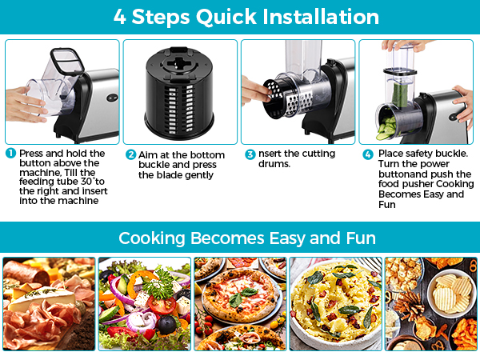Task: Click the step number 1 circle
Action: [x=10, y=153]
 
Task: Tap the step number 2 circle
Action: [x=130, y=154]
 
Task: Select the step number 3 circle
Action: [x=250, y=154]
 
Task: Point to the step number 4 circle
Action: [x=368, y=154]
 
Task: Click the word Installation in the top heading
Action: [x=314, y=17]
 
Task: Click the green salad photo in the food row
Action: [x=144, y=303]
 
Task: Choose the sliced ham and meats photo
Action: [x=48, y=303]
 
